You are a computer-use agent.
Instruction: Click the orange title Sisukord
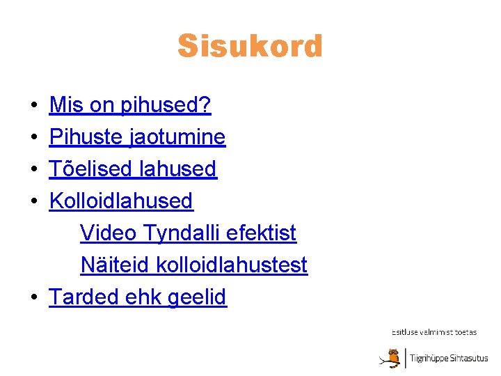pyautogui.click(x=250, y=47)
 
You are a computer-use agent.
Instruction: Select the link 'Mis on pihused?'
pyautogui.click(x=130, y=105)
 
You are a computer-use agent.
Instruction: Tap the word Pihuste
pyautogui.click(x=86, y=137)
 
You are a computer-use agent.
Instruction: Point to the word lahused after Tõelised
pyautogui.click(x=178, y=169)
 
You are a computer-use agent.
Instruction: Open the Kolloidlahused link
pyautogui.click(x=121, y=201)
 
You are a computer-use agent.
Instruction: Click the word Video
pyautogui.click(x=108, y=233)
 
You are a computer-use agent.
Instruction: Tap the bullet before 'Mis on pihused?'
pyautogui.click(x=33, y=107)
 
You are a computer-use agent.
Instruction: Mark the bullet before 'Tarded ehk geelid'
pyautogui.click(x=33, y=299)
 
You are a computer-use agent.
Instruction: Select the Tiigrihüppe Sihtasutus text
pyautogui.click(x=449, y=359)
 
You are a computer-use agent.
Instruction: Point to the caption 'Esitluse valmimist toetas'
pyautogui.click(x=434, y=332)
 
